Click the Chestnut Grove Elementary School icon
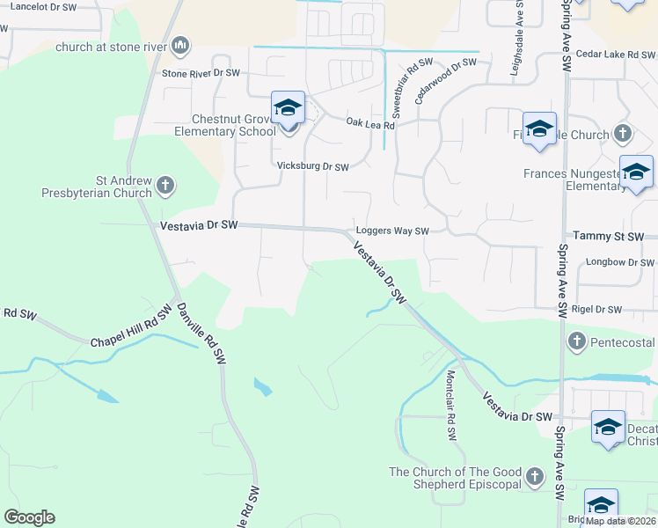288,108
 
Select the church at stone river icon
181,45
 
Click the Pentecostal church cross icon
577,341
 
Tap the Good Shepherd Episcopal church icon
534,479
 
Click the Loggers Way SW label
391,231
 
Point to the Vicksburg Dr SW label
313,166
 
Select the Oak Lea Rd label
370,124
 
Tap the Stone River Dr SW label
201,73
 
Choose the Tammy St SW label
608,237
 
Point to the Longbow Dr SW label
620,262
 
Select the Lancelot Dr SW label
43,7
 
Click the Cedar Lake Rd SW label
613,55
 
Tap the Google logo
29,517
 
